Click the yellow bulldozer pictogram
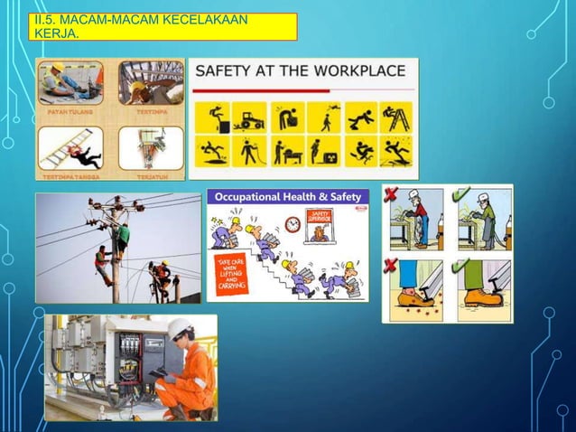tap(247, 117)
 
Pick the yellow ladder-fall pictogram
tap(395, 117)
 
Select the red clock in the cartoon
tap(292, 223)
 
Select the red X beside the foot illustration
tap(389, 266)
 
